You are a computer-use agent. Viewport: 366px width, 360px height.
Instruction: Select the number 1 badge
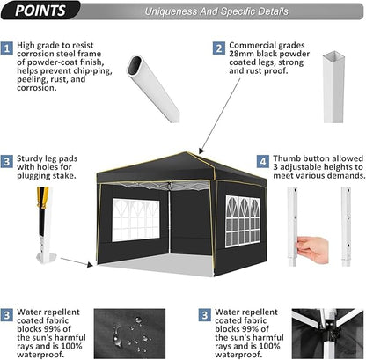(7, 49)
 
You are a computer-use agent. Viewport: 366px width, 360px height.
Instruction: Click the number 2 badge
(217, 49)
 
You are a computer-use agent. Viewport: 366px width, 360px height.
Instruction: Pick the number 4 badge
(262, 162)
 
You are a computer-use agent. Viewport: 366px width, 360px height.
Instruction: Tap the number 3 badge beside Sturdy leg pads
(7, 162)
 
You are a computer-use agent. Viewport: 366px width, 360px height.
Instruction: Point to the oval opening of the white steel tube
(142, 68)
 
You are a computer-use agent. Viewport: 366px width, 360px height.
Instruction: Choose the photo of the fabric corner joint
(326, 333)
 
